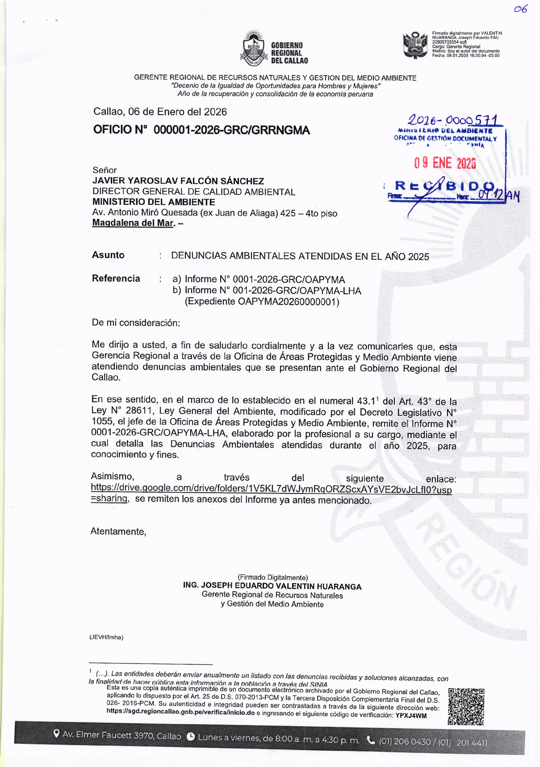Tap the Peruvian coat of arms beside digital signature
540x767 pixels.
pyautogui.click(x=415, y=45)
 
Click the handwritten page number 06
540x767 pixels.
pyautogui.click(x=520, y=9)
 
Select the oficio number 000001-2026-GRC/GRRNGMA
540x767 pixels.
pyautogui.click(x=231, y=130)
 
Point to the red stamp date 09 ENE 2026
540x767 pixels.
pyautogui.click(x=444, y=163)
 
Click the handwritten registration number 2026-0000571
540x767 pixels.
pyautogui.click(x=452, y=120)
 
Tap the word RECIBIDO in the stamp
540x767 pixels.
pyautogui.click(x=444, y=187)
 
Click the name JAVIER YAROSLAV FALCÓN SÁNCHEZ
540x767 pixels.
pyautogui.click(x=178, y=181)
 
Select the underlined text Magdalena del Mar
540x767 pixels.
pyautogui.click(x=133, y=223)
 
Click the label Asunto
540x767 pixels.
pyautogui.click(x=108, y=255)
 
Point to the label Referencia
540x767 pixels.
pyautogui.click(x=116, y=278)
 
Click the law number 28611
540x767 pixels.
pyautogui.click(x=138, y=411)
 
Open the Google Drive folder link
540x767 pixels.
pyautogui.click(x=271, y=489)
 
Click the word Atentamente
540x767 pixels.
pyautogui.click(x=118, y=531)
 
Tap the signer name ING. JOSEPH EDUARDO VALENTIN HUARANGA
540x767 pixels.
pyautogui.click(x=272, y=586)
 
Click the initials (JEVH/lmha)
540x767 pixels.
pyautogui.click(x=106, y=637)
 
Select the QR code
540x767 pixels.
pyautogui.click(x=466, y=706)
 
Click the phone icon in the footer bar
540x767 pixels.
pyautogui.click(x=370, y=740)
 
